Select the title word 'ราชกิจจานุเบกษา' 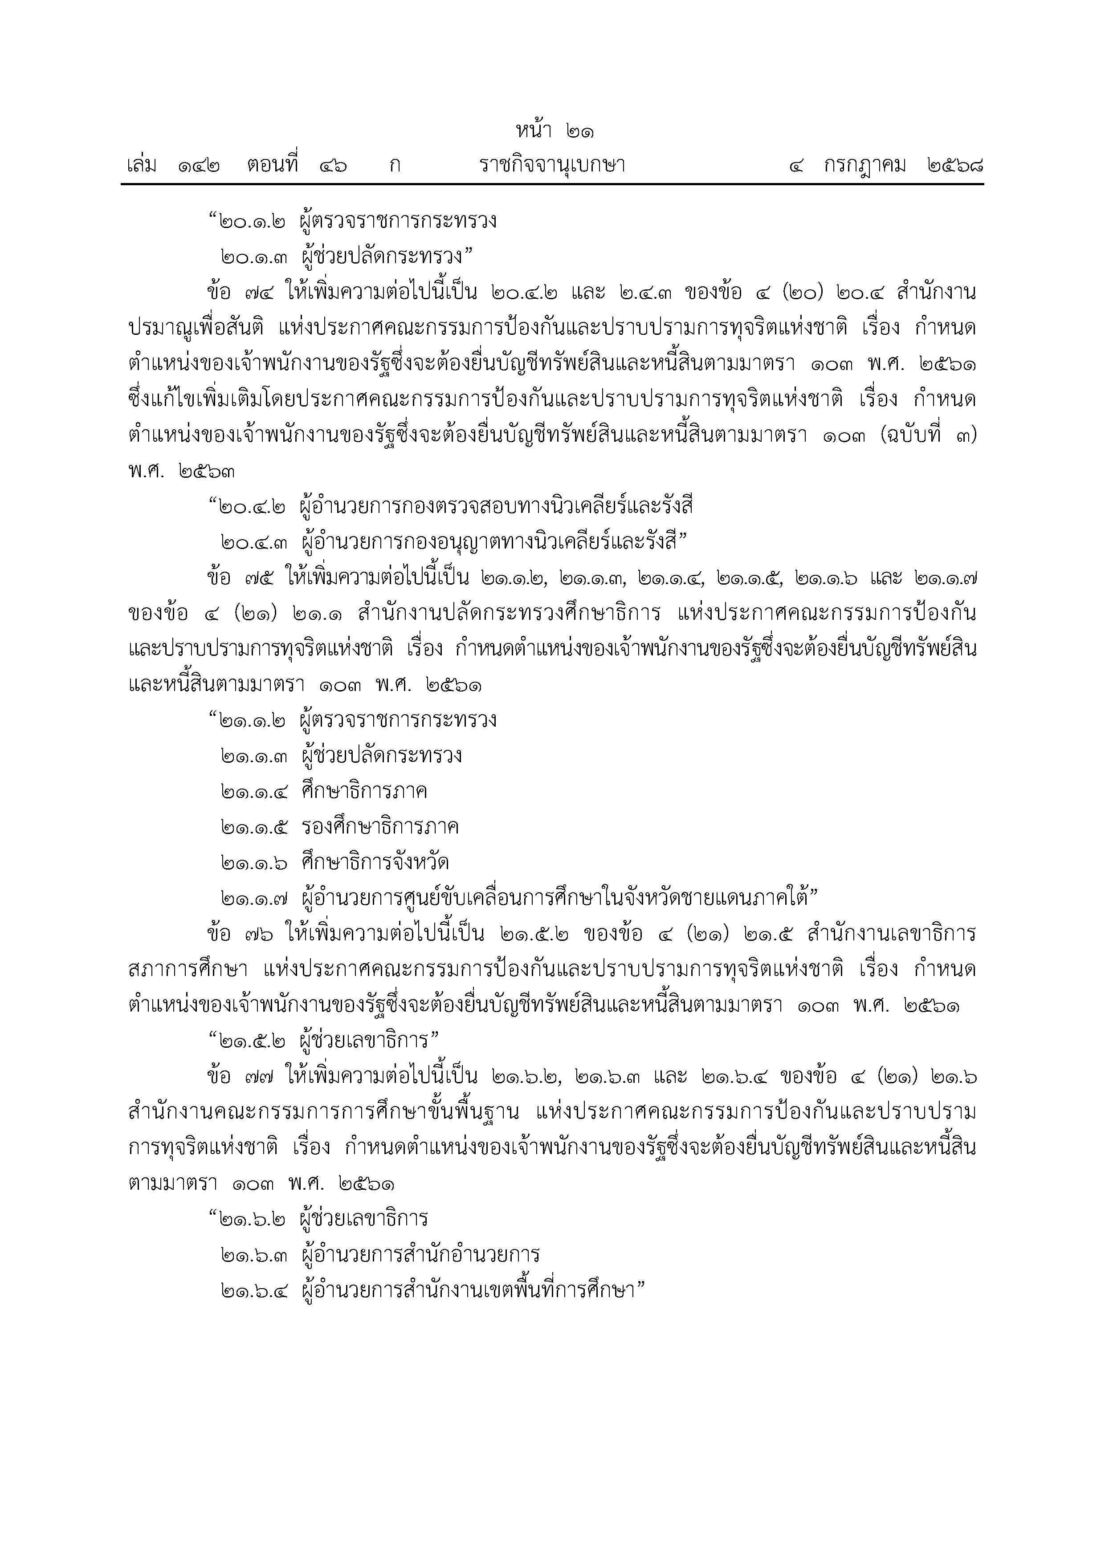tap(552, 165)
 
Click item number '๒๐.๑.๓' tap(254, 257)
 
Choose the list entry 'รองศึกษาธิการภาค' tap(379, 827)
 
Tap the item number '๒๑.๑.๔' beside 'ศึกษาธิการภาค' tap(254, 792)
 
